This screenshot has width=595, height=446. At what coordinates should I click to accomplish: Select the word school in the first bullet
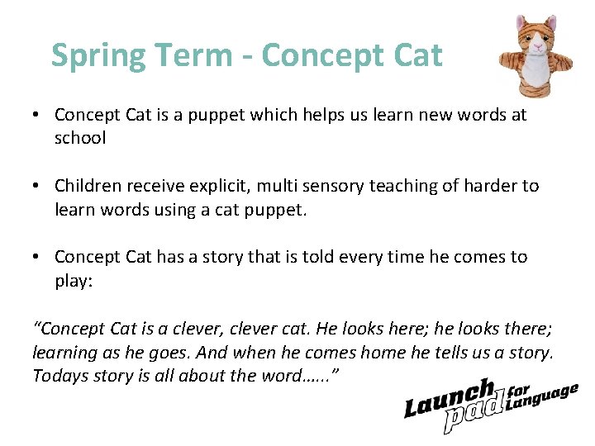(80, 138)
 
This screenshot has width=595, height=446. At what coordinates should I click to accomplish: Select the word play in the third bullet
(72, 280)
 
